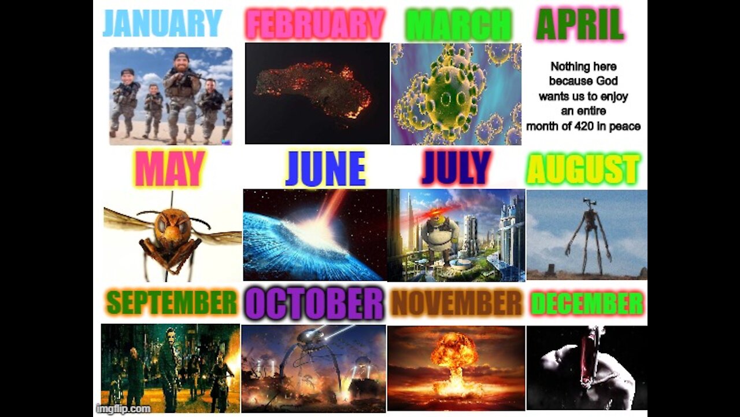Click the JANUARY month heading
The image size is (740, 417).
tap(162, 24)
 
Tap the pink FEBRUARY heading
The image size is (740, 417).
tap(316, 24)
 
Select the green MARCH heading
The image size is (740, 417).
tap(458, 25)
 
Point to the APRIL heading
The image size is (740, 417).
tap(580, 25)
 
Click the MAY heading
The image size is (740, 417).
tap(169, 169)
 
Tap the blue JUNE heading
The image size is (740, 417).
tap(325, 169)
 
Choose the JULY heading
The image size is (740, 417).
tap(456, 169)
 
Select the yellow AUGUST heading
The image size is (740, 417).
tap(583, 170)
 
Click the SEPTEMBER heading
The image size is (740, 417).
tap(172, 303)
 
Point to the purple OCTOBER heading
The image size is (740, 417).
tap(314, 303)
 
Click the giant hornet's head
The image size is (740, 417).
tap(172, 225)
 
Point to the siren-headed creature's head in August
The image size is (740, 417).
tap(590, 204)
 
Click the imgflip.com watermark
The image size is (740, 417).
tap(123, 409)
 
